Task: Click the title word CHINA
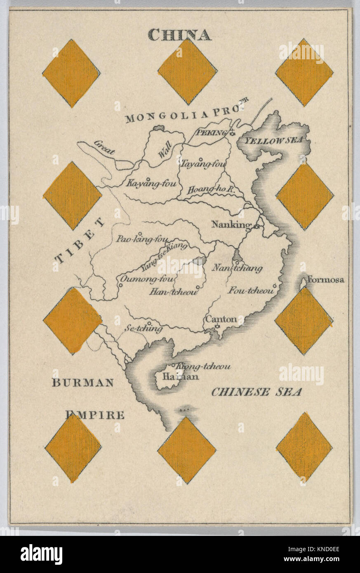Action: pyautogui.click(x=179, y=35)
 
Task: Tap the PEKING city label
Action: pyautogui.click(x=212, y=133)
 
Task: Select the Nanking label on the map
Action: pyautogui.click(x=231, y=225)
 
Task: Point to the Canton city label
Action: pyautogui.click(x=221, y=319)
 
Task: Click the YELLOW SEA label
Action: pyautogui.click(x=273, y=141)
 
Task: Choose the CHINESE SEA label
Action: pyautogui.click(x=256, y=392)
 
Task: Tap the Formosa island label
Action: pyautogui.click(x=326, y=280)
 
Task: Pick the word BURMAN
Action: pyautogui.click(x=82, y=383)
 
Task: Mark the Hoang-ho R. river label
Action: pyautogui.click(x=211, y=190)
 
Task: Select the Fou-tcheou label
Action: pyautogui.click(x=251, y=291)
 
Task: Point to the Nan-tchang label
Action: pyautogui.click(x=237, y=268)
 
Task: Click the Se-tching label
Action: pyautogui.click(x=144, y=329)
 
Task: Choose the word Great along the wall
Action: pyautogui.click(x=104, y=147)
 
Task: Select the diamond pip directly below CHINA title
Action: pyautogui.click(x=187, y=72)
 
